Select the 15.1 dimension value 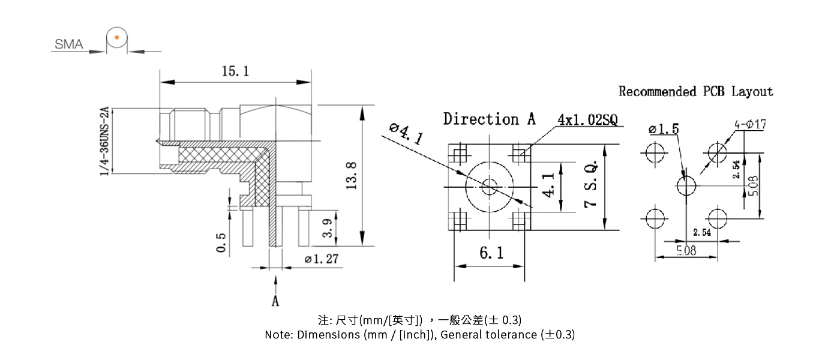pos(235,71)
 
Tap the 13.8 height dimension pos(352,175)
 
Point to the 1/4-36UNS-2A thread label pos(104,142)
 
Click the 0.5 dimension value pos(221,243)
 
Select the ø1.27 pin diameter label pos(322,259)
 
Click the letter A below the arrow pos(275,301)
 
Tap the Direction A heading pos(489,119)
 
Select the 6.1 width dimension pos(491,254)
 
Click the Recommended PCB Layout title pos(696,91)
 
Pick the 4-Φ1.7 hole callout pos(750,125)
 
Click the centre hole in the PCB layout pos(686,185)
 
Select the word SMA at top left pos(69,44)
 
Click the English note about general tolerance pos(419,335)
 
